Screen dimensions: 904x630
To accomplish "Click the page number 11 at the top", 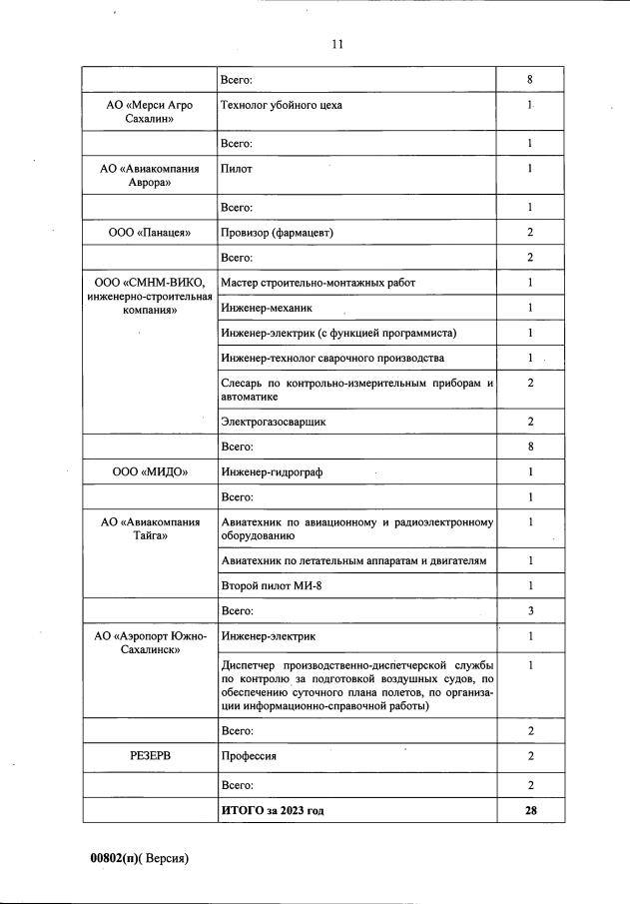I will coord(336,44).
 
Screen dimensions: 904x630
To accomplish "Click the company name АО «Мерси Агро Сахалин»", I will coord(150,112).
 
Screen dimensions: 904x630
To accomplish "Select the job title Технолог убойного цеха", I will coord(283,105).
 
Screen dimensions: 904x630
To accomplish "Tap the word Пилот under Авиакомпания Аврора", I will coord(237,169).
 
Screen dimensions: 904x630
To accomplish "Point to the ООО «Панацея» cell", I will coord(150,233).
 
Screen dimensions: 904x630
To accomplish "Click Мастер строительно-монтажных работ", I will coord(317,283).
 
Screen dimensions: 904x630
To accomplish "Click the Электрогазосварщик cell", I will coord(274,422).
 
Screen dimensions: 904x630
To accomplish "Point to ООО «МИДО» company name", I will coord(150,471).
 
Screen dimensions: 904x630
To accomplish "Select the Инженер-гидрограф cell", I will coord(268,471).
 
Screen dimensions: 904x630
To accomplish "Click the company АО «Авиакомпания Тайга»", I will coord(150,528).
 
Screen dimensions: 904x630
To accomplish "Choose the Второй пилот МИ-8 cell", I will coord(265,585).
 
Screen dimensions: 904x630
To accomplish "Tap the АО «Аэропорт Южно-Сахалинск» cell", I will coord(150,642).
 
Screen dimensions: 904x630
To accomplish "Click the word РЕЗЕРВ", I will coord(150,756).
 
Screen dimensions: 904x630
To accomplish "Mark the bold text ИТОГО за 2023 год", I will coord(273,810).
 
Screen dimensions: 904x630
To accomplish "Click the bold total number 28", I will coord(531,810).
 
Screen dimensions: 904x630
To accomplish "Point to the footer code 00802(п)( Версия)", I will coord(139,857).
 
